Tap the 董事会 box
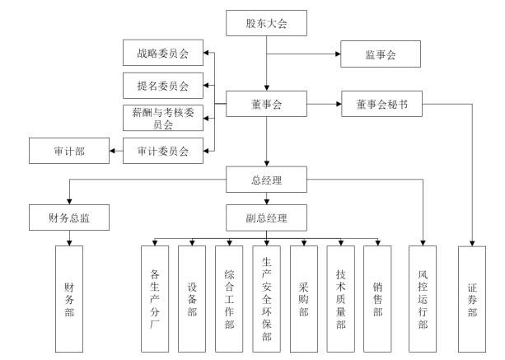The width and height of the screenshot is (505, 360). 266,105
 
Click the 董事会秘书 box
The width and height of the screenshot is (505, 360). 380,105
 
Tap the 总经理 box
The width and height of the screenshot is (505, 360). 266,176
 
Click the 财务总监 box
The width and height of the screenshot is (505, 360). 69,217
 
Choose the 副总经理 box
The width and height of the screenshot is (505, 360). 266,217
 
